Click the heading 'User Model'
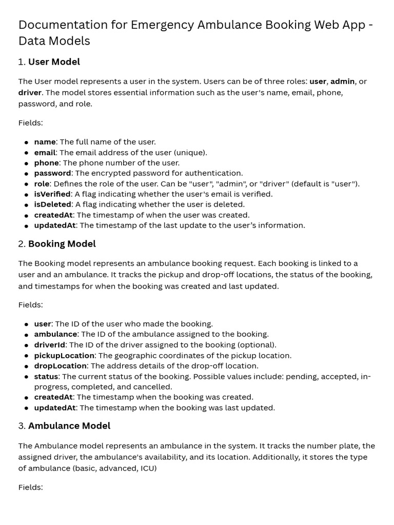coord(54,62)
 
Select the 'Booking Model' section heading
coord(62,244)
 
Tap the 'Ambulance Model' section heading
coord(69,426)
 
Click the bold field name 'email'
coord(45,152)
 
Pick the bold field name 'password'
coord(52,173)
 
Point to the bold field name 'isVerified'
coord(52,194)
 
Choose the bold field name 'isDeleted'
coord(52,205)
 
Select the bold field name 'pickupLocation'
coord(64,355)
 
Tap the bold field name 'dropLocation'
coord(60,366)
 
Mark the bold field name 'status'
coord(46,376)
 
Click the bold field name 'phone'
coord(46,163)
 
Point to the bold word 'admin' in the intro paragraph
coord(342,82)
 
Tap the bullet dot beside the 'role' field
coord(26,184)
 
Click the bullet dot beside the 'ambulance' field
coord(26,335)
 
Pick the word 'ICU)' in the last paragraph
coord(148,468)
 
